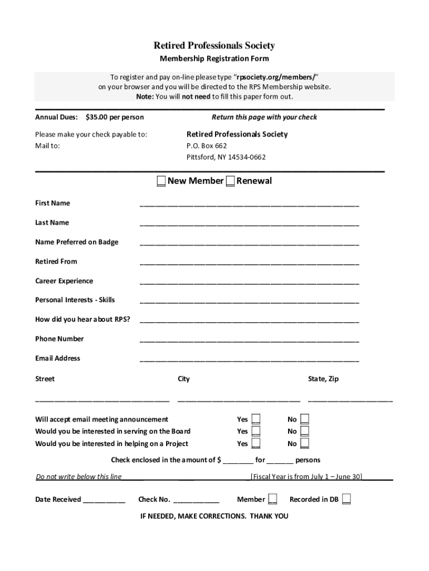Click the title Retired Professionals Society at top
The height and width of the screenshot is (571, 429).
coord(214,46)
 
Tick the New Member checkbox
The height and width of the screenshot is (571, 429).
coord(160,181)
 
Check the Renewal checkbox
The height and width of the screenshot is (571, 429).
coord(230,181)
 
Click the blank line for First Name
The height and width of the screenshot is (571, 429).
coord(249,204)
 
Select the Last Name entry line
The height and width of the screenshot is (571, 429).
coord(249,224)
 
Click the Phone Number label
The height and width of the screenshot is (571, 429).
coord(60,339)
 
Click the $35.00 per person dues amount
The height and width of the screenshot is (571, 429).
coord(115,117)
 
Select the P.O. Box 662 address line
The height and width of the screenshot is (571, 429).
coord(207,146)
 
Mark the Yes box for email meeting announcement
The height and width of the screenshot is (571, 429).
coord(256,419)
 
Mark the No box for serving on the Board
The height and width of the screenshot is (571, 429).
coord(305,432)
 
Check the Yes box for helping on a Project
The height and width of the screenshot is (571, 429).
coord(256,444)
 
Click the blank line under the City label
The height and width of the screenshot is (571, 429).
coord(238,400)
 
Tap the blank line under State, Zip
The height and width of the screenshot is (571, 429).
coord(350,400)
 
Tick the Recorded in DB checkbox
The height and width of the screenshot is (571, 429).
coord(347,499)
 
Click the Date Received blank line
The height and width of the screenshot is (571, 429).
coord(104,501)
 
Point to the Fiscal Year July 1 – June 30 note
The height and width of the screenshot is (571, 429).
coord(306,477)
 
